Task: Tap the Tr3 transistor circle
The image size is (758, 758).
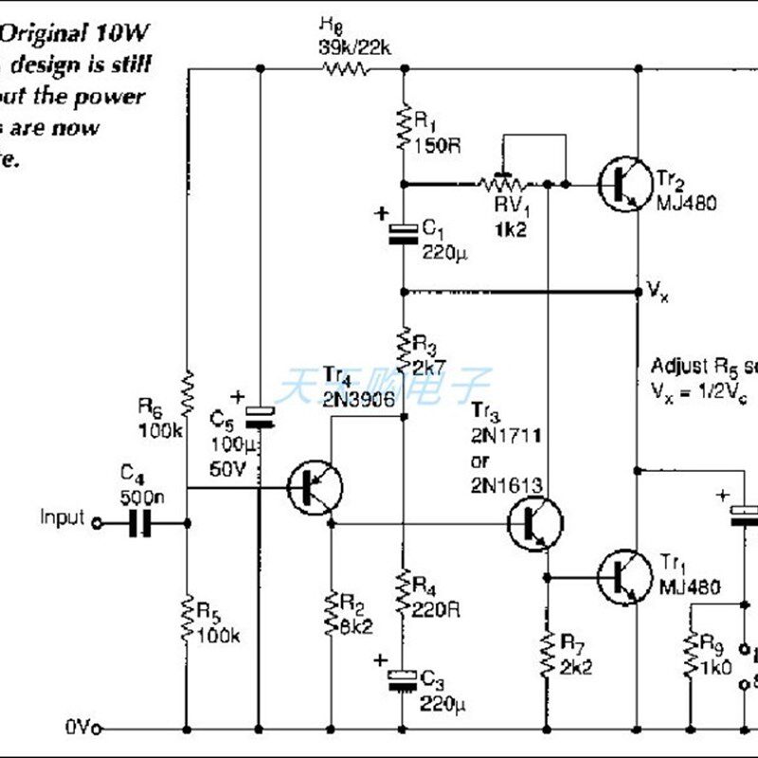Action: [533, 523]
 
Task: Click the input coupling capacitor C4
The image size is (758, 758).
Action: [140, 521]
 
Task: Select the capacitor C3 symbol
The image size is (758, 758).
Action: [405, 679]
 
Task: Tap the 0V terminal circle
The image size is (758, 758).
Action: [98, 729]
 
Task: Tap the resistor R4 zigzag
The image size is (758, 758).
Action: [405, 591]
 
